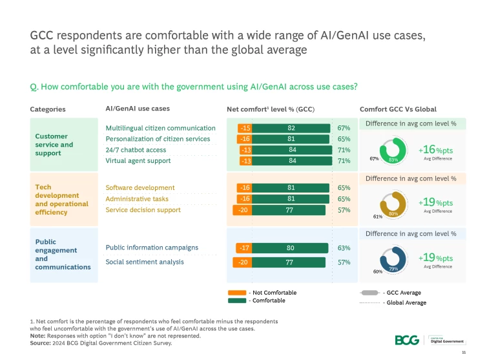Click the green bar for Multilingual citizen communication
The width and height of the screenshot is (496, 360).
(x=291, y=128)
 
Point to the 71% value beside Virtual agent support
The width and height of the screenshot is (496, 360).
(x=344, y=161)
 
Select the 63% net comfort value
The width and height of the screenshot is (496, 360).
(x=344, y=248)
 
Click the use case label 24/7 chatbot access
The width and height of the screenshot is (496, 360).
(x=136, y=150)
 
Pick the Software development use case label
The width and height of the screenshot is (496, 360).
(x=139, y=188)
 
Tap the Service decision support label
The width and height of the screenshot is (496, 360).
(x=143, y=209)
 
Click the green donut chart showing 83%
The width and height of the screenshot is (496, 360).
(x=393, y=149)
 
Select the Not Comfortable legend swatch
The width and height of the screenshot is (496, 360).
(x=237, y=293)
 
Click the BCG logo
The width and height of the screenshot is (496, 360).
(x=406, y=340)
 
